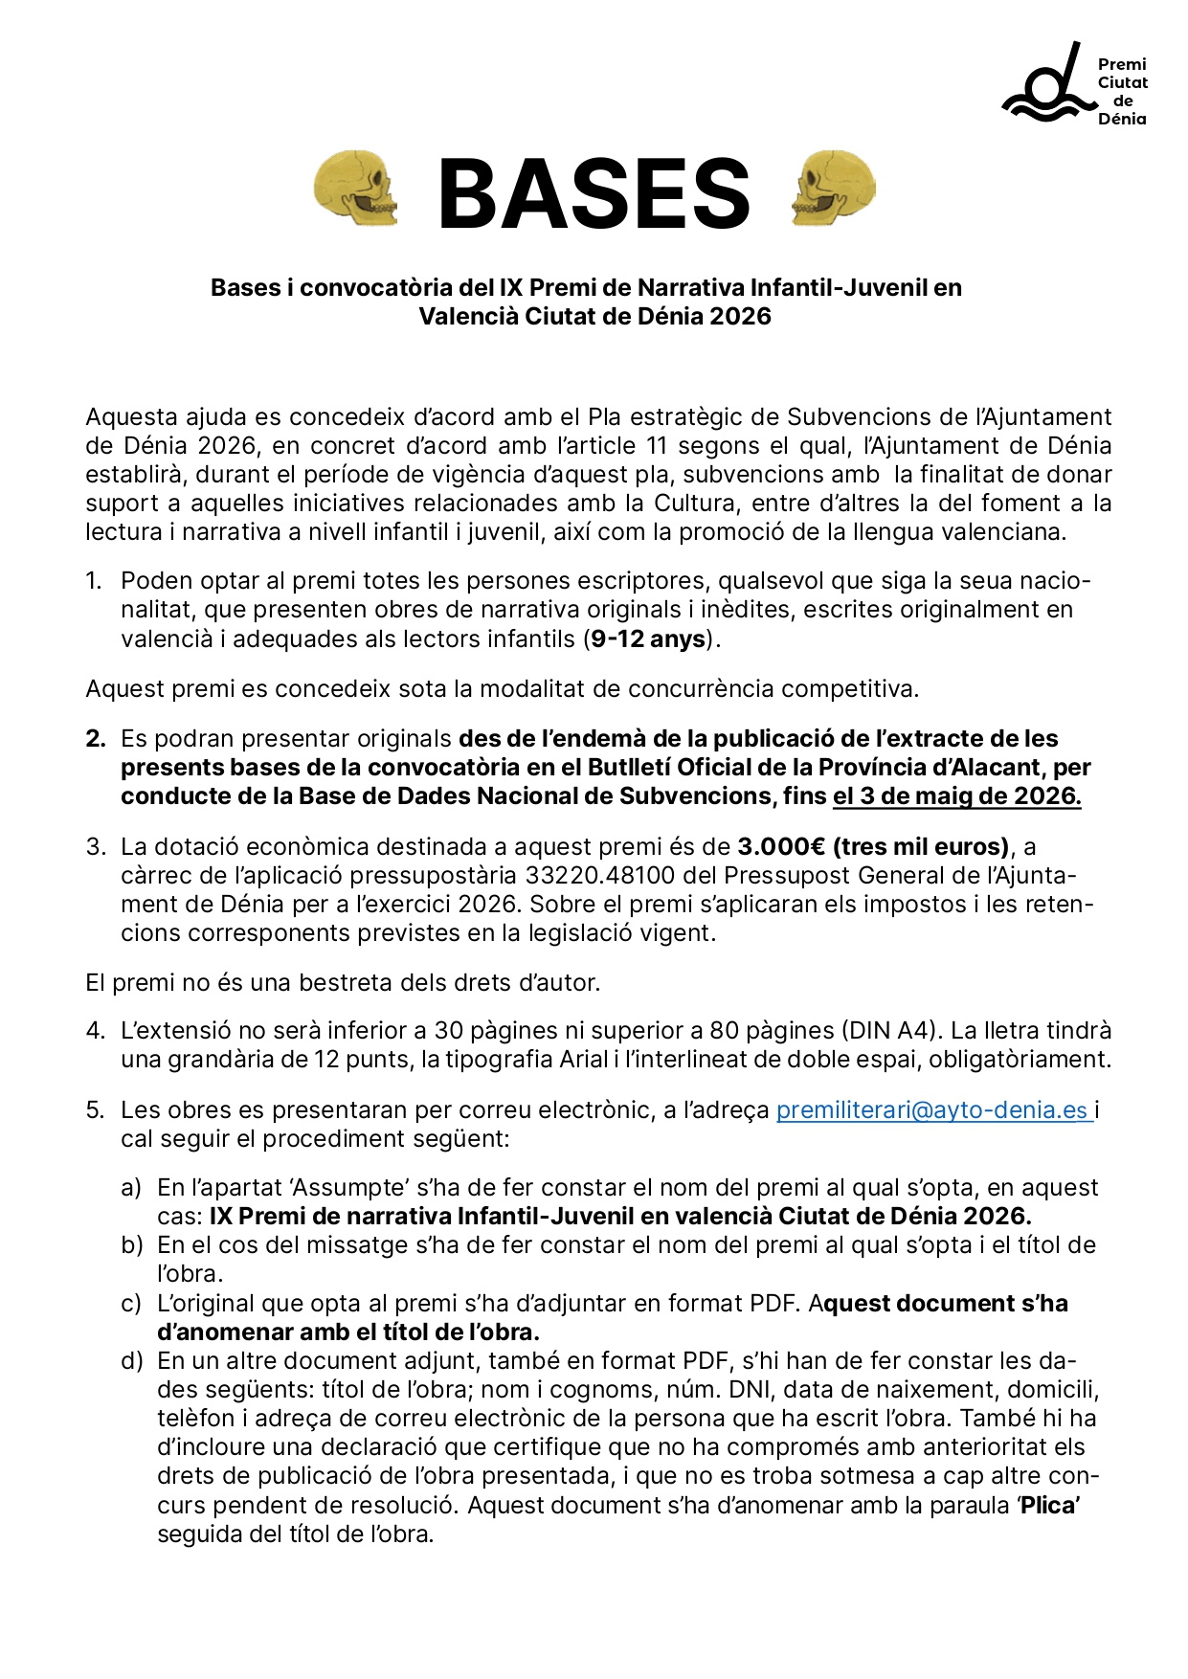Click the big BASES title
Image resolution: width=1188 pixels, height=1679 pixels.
594,194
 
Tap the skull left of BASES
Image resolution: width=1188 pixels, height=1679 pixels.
355,188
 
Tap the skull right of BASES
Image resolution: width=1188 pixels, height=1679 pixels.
833,188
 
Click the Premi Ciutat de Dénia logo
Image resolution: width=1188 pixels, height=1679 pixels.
1073,86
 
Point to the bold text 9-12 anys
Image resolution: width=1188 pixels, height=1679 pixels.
648,638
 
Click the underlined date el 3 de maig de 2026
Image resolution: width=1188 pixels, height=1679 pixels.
956,796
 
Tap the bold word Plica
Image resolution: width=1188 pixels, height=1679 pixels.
1048,1506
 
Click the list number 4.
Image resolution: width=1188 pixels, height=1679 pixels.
95,1031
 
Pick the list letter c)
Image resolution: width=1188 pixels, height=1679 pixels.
131,1304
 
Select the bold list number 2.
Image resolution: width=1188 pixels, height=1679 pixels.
95,739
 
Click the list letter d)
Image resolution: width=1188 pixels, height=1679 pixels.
131,1361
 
